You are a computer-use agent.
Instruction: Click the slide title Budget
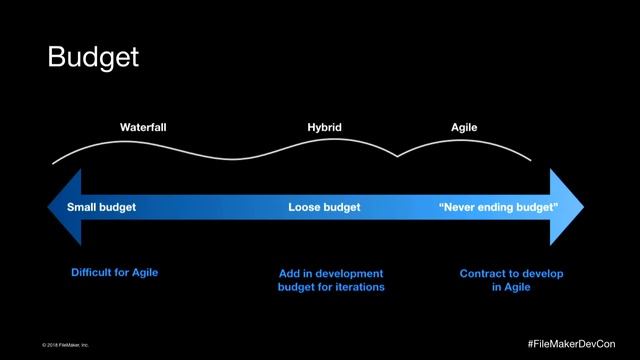point(93,57)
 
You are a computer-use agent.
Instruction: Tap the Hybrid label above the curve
point(324,128)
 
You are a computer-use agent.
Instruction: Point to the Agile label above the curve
point(464,128)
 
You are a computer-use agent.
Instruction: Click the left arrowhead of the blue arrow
point(64,207)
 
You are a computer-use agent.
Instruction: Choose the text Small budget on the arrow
point(101,207)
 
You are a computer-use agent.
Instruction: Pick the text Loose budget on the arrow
point(324,207)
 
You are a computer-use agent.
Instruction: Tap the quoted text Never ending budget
point(499,207)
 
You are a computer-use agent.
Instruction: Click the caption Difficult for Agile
point(115,273)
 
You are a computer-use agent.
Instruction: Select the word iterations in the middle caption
point(358,287)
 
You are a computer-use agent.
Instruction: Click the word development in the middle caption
point(350,273)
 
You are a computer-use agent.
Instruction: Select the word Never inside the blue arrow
point(463,207)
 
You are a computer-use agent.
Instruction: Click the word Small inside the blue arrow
point(83,207)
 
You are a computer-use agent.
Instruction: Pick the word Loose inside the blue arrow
point(305,207)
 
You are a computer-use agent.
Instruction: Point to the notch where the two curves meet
point(397,156)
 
